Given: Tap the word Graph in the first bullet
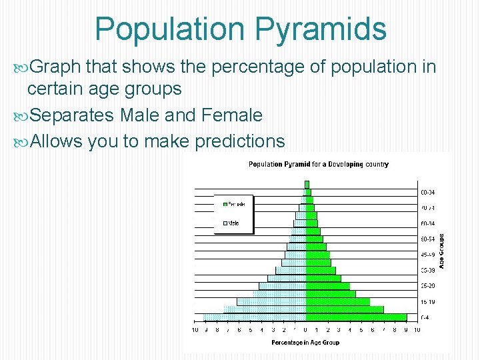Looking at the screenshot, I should (x=55, y=67).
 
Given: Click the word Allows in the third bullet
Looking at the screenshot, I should (x=56, y=141).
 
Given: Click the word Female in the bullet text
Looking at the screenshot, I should (x=229, y=115).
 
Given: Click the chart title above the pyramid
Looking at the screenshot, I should (x=319, y=164).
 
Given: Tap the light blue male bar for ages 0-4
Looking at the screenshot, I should (x=254, y=317).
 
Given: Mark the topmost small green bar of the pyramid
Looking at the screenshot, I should (x=307, y=184).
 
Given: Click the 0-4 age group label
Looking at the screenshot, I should (x=425, y=317).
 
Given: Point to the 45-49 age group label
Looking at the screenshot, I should (x=427, y=255).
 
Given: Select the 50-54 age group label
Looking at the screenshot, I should (x=427, y=239).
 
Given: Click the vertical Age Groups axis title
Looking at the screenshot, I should (x=441, y=251).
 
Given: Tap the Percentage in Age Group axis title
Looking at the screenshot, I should (x=305, y=343).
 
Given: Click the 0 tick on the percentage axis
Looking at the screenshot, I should (x=305, y=329).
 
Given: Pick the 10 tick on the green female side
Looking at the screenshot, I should (x=417, y=329).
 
